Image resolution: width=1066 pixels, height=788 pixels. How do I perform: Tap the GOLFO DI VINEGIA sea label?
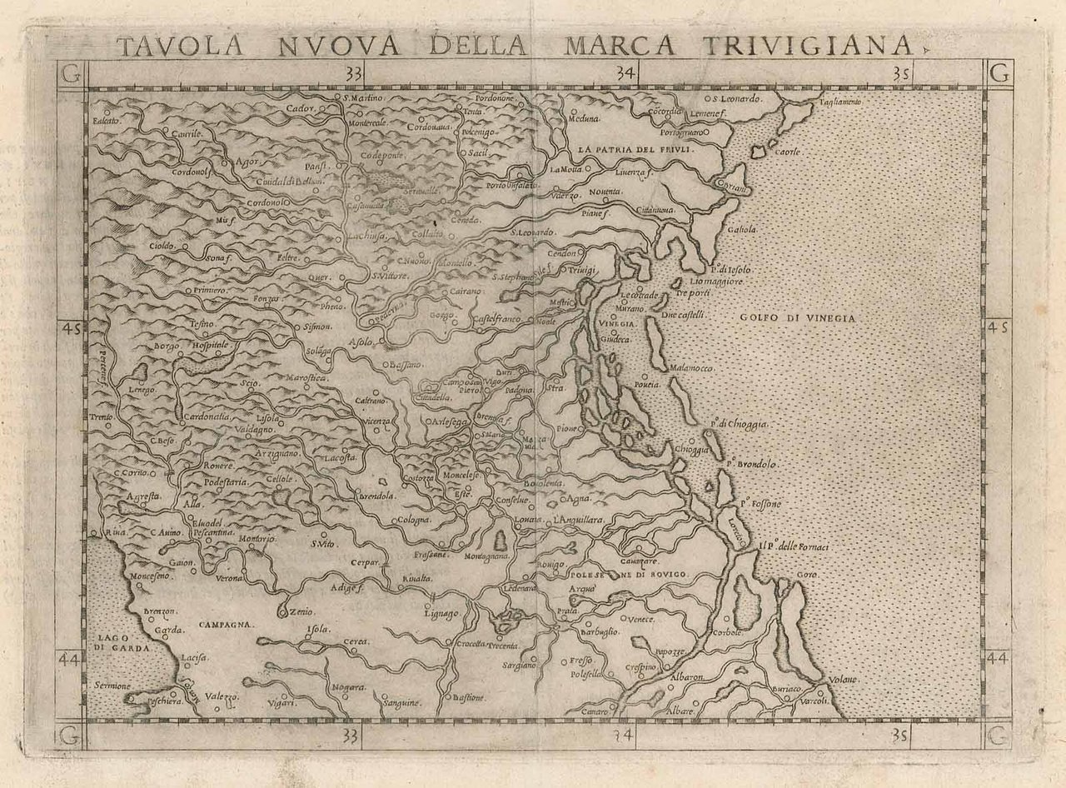[797, 318]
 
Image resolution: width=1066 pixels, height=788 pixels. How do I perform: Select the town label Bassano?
[407, 365]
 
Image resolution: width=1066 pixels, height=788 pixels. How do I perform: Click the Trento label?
[102, 416]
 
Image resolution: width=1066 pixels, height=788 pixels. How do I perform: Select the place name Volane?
[842, 681]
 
